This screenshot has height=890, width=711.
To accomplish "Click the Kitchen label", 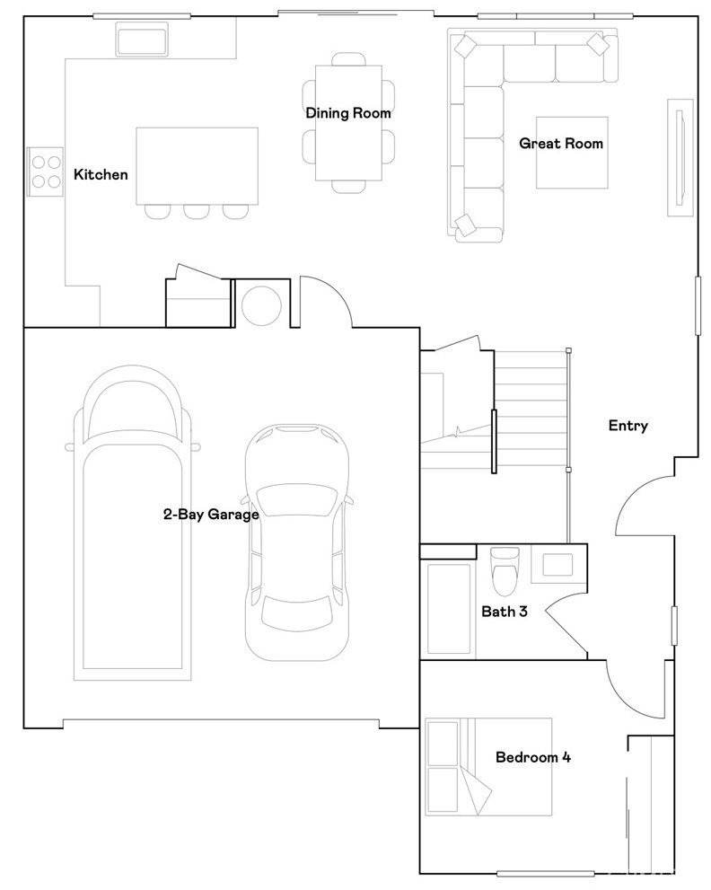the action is (x=101, y=174).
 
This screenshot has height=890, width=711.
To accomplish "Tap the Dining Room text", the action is (x=348, y=113).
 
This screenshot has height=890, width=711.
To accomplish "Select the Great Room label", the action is (x=561, y=143).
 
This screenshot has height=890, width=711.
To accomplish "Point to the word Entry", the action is (x=628, y=426).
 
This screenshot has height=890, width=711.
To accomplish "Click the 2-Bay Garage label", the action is (x=211, y=515).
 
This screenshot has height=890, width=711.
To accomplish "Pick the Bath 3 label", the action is (x=505, y=612).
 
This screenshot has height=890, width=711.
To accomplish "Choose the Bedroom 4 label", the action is (x=533, y=757).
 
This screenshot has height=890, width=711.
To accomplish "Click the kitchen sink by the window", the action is (x=142, y=40).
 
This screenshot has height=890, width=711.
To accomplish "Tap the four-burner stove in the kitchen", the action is (x=46, y=172).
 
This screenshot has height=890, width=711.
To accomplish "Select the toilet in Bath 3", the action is (x=505, y=570).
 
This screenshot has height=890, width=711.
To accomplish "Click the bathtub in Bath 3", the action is (x=448, y=609).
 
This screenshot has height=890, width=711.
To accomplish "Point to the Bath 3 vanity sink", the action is (x=557, y=565).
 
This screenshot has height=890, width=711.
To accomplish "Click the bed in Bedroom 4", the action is (x=488, y=767).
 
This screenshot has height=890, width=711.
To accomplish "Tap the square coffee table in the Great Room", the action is (x=572, y=153).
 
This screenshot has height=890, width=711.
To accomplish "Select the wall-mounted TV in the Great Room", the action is (x=680, y=157).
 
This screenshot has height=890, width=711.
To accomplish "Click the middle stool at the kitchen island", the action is (x=197, y=211).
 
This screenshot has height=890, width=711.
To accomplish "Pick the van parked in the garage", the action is (x=133, y=523).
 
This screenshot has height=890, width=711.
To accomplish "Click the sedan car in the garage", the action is (x=297, y=542).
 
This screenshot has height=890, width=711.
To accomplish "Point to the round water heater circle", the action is (x=261, y=305).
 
